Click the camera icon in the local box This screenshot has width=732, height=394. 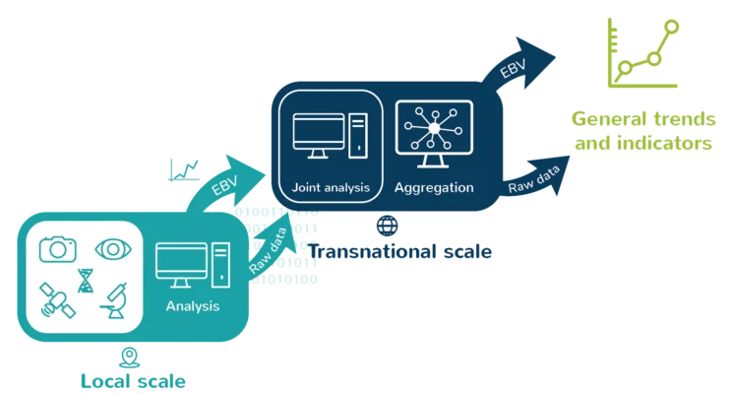click(58, 249)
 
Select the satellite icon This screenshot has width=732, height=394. click(57, 301)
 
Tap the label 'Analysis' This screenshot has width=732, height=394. click(193, 306)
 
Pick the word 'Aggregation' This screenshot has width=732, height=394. click(434, 187)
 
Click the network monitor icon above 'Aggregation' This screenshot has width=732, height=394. click(434, 135)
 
